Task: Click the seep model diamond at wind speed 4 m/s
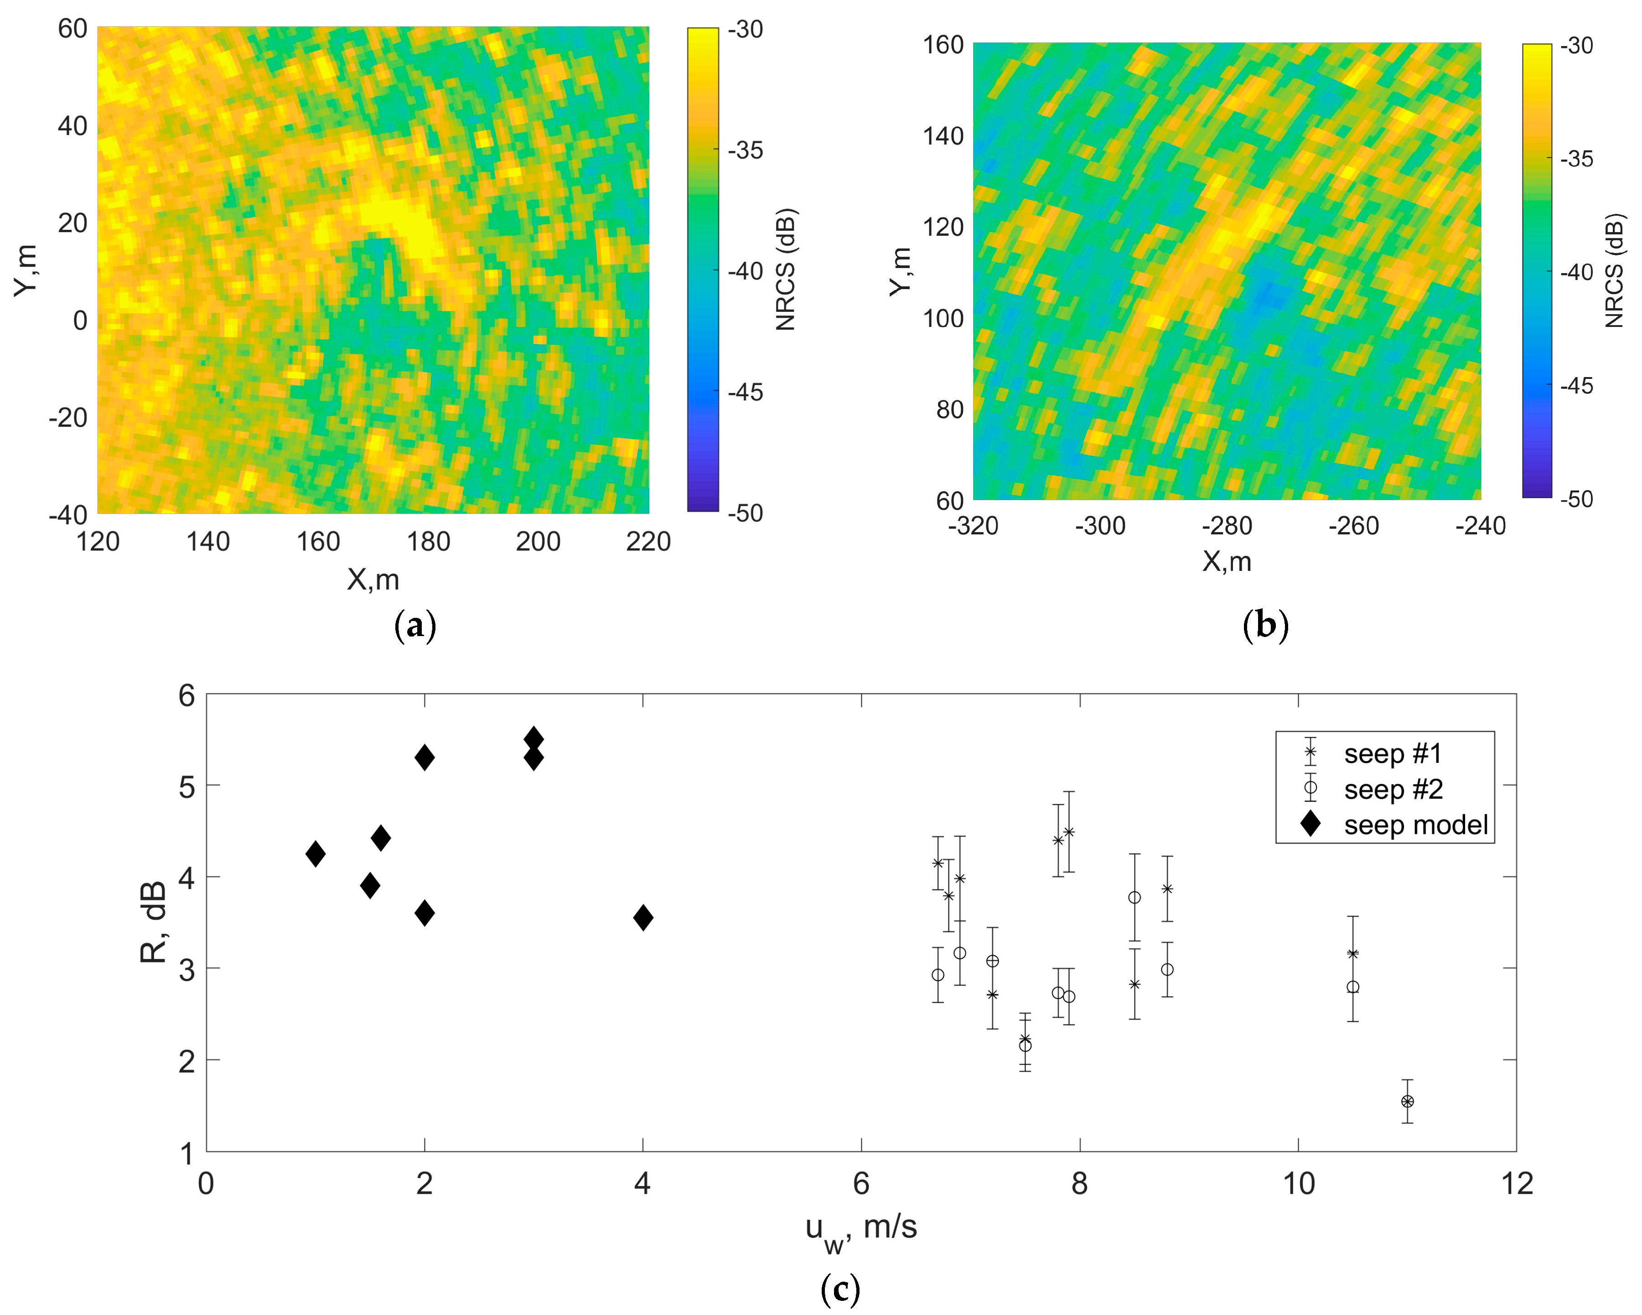pyautogui.click(x=643, y=917)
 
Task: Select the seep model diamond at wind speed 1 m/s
pyautogui.click(x=315, y=854)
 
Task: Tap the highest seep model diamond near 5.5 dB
pyautogui.click(x=534, y=739)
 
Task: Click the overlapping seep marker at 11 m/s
pyautogui.click(x=1408, y=1101)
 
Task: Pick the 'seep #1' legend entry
pyautogui.click(x=1392, y=754)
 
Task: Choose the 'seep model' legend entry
pyautogui.click(x=1415, y=825)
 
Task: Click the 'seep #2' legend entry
pyautogui.click(x=1392, y=790)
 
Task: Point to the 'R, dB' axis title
pyautogui.click(x=155, y=922)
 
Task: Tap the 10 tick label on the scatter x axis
pyautogui.click(x=1299, y=1184)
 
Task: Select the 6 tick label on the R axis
pyautogui.click(x=186, y=695)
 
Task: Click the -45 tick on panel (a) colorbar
pyautogui.click(x=745, y=392)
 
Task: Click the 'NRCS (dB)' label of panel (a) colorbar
pyautogui.click(x=785, y=269)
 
